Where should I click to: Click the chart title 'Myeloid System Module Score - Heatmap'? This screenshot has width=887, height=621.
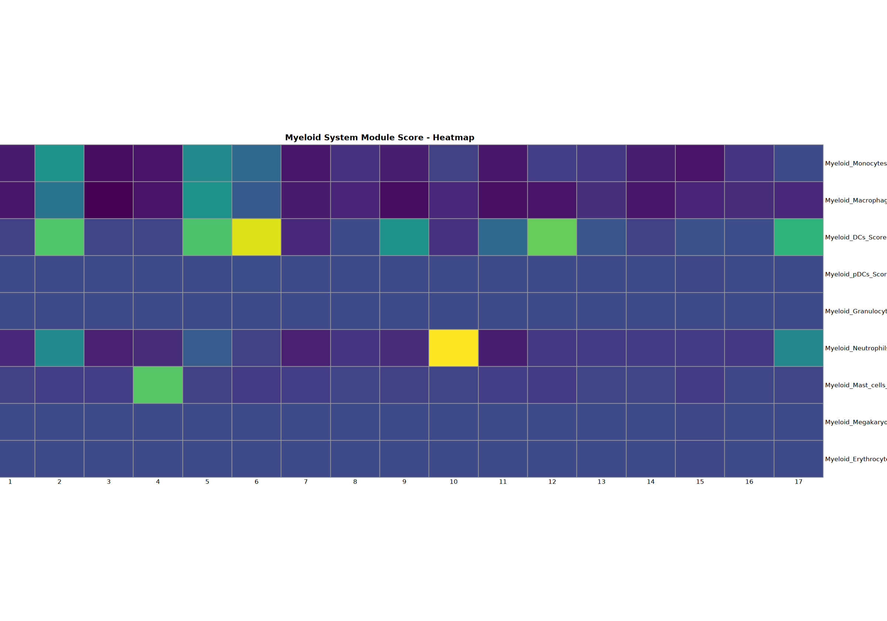click(x=379, y=138)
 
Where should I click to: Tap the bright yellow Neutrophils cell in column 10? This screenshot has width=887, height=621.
click(x=453, y=348)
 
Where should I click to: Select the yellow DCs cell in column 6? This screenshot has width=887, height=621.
click(x=256, y=237)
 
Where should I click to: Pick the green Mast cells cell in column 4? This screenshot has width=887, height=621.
click(x=157, y=385)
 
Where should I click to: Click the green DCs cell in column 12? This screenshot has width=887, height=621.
click(x=552, y=237)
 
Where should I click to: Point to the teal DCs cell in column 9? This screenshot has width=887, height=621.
click(x=404, y=237)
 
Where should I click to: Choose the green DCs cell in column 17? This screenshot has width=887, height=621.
click(x=799, y=237)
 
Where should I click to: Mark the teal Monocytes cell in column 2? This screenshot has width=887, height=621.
click(x=59, y=163)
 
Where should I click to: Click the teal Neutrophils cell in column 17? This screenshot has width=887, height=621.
click(x=799, y=348)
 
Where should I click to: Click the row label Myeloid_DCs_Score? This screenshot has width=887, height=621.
click(x=855, y=237)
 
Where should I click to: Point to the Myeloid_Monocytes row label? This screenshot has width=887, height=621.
click(x=855, y=163)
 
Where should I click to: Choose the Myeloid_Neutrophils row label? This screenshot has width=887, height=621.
click(x=855, y=348)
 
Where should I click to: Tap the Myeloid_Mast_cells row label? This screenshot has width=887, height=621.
click(x=855, y=385)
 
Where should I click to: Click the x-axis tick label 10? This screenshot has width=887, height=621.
click(x=453, y=482)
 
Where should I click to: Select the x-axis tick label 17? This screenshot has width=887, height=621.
click(x=799, y=482)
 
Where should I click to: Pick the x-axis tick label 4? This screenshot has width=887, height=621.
click(x=157, y=482)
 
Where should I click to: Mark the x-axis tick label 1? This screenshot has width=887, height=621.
click(x=10, y=482)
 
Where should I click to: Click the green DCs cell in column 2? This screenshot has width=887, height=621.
click(x=59, y=237)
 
